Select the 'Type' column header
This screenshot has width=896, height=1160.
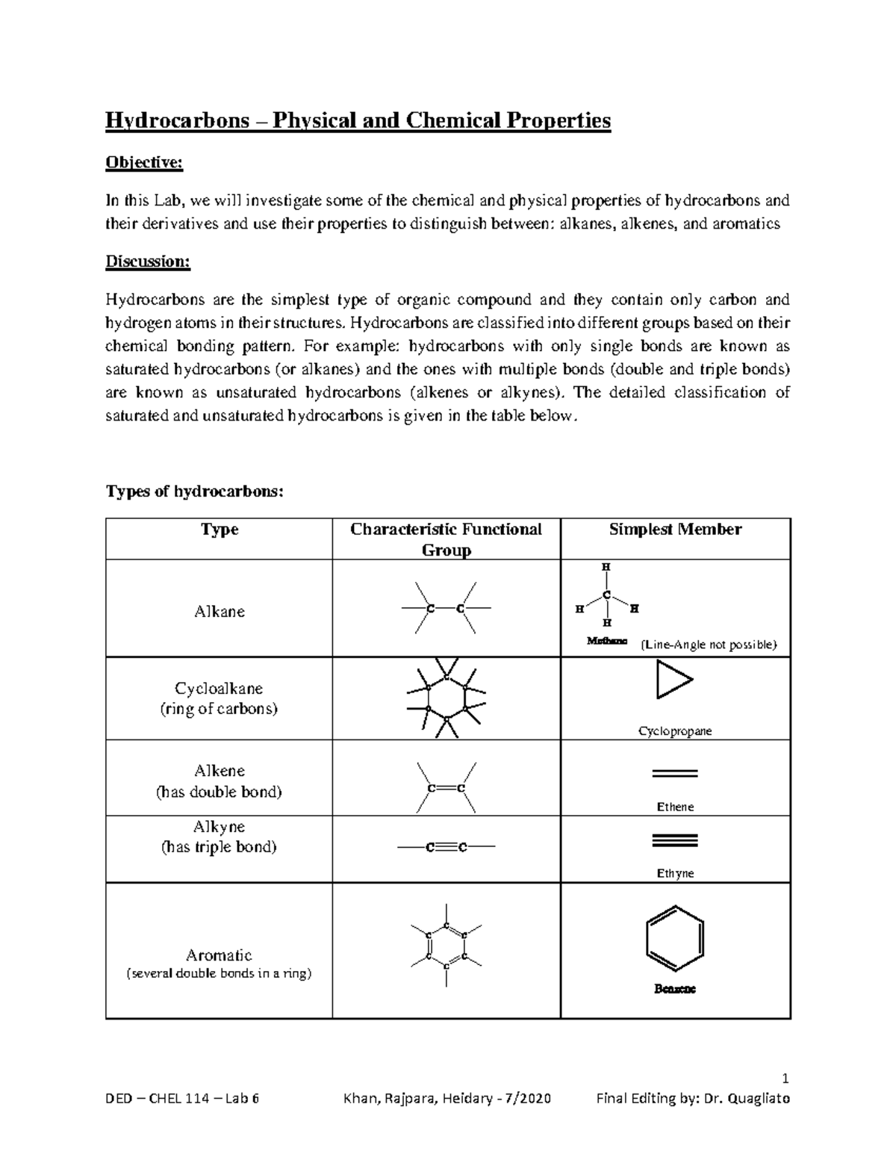coord(219,530)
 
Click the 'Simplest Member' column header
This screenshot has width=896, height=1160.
coord(675,530)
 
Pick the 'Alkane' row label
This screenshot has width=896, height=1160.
coord(219,611)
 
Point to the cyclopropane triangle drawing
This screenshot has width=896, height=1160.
coord(673,680)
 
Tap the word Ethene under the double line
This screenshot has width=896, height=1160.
coord(675,807)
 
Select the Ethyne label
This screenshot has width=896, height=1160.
coord(675,873)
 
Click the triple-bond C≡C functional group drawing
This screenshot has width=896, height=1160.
coord(446,847)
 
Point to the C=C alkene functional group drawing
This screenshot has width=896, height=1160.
coord(446,788)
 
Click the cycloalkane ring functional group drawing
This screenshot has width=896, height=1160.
coord(446,698)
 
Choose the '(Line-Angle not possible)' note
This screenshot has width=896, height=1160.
coord(709,645)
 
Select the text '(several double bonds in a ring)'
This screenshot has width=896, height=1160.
coord(219,973)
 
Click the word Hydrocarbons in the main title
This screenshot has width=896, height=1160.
coord(177,120)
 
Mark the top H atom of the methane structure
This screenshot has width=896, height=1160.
coord(606,568)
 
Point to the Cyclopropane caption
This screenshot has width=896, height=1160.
coord(675,731)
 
